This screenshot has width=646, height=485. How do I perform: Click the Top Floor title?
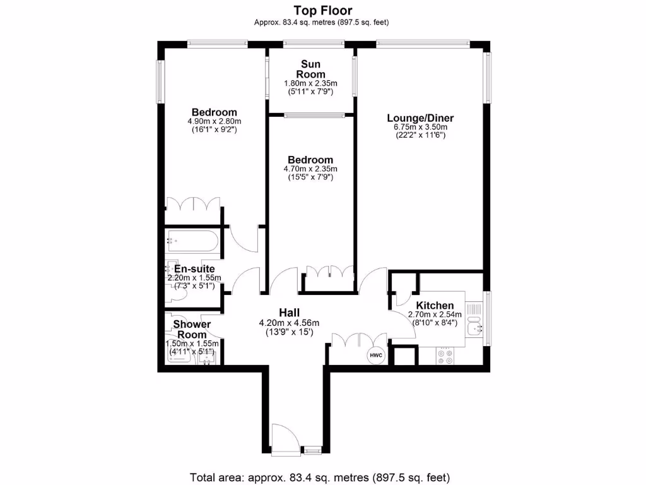(322, 10)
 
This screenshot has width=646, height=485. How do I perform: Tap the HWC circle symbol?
(376, 356)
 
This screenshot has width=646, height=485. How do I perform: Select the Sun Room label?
(310, 69)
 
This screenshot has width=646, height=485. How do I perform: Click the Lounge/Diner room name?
(420, 118)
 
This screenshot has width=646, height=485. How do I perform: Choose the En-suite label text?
(194, 269)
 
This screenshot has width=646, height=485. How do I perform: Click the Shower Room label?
(192, 329)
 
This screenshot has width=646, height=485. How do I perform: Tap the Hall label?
(290, 313)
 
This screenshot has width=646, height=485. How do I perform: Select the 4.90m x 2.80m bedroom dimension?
(214, 121)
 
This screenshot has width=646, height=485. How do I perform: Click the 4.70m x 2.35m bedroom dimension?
(310, 169)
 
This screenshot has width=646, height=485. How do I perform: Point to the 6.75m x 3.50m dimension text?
(420, 127)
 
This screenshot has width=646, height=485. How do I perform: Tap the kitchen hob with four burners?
(444, 356)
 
